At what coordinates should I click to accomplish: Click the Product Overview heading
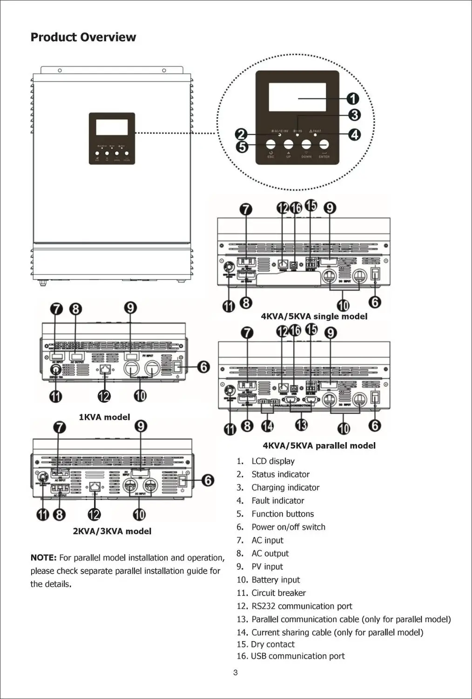[83, 37]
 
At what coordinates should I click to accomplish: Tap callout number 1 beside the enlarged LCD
[353, 98]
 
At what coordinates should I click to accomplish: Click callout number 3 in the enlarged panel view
[354, 115]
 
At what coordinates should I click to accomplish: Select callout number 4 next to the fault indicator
[355, 135]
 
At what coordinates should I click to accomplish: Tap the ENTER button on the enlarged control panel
[324, 144]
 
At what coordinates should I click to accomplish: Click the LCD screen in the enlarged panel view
[297, 97]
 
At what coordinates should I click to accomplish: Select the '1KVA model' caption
[104, 417]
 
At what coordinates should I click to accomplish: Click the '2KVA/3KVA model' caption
[112, 531]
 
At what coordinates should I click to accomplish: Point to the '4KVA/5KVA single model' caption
[314, 316]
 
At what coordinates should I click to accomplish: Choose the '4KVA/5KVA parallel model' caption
[319, 445]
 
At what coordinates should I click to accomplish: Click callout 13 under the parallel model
[302, 425]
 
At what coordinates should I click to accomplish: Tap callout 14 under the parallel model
[267, 426]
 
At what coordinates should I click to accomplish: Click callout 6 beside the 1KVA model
[203, 367]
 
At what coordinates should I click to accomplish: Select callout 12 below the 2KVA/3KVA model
[94, 514]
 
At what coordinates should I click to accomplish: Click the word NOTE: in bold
[43, 558]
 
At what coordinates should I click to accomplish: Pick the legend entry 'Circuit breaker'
[278, 593]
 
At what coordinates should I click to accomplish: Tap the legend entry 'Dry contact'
[272, 644]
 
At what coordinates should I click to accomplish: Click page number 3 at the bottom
[236, 672]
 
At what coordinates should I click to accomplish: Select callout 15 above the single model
[310, 206]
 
